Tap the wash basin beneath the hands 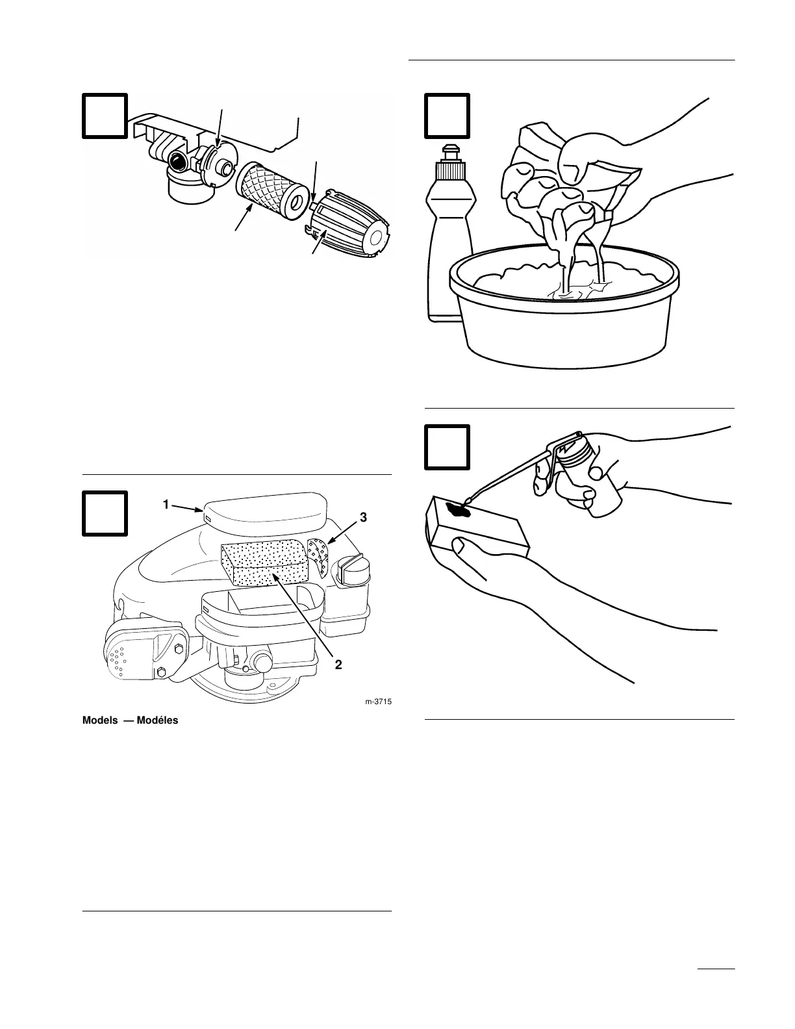coord(565,325)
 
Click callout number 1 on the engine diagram coord(166,503)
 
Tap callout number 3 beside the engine coord(363,517)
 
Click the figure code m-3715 coord(378,702)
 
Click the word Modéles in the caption coord(155,720)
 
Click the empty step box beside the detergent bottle coord(447,116)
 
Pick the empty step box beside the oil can coord(447,447)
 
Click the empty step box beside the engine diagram coord(105,514)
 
